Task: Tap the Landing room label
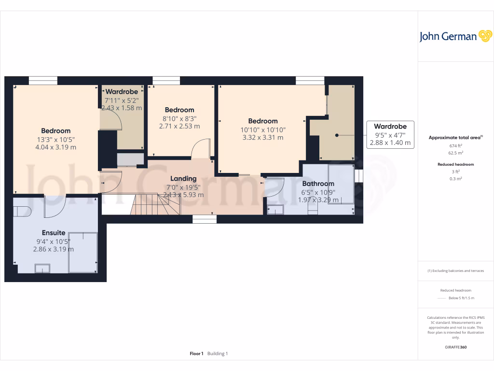click(183, 178)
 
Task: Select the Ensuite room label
click(53, 233)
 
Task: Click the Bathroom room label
click(318, 184)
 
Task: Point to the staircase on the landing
click(154, 204)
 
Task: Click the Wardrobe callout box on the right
click(390, 134)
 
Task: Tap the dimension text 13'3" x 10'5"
click(55, 139)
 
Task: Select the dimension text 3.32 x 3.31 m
click(263, 137)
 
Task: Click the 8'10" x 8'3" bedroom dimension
click(179, 118)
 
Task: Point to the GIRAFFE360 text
click(456, 347)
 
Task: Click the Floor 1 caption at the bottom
click(196, 354)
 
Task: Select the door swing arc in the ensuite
click(55, 206)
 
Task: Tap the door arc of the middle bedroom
click(201, 148)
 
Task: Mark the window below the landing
click(205, 219)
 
